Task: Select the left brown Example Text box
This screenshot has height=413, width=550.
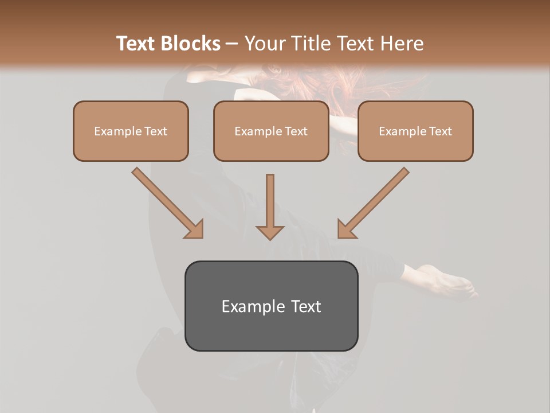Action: point(131,131)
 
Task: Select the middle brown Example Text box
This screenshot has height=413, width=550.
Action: point(271,131)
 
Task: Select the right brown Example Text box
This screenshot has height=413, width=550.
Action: point(415,131)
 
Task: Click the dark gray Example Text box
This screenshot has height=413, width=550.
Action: point(271,306)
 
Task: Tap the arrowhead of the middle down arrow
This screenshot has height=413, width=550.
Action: point(270,232)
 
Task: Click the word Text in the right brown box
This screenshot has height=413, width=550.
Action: point(440,131)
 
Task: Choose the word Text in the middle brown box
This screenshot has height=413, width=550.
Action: point(296,131)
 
